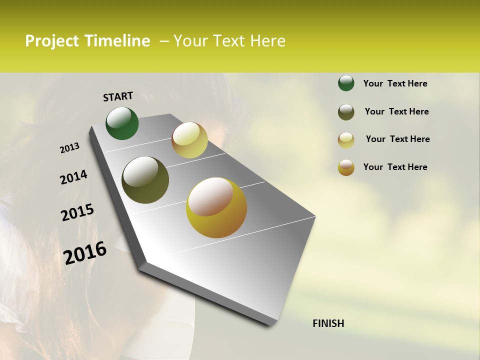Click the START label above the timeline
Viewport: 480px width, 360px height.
118,96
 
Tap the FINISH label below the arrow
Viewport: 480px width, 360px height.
328,323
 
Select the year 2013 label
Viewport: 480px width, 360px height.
70,148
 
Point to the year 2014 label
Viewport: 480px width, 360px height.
73,177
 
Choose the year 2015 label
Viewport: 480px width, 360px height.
77,212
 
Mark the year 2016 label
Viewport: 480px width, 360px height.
85,252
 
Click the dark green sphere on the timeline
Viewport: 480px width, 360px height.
122,123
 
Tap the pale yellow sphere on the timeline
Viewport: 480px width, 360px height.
189,140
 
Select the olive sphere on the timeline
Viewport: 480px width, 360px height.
145,180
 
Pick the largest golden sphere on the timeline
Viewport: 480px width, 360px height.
216,207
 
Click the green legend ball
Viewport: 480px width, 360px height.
346,83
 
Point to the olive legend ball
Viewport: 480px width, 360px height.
346,112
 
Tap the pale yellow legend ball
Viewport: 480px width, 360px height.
346,140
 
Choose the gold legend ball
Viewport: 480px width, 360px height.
346,167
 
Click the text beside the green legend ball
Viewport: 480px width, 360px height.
395,83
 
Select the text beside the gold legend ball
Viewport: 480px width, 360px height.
395,167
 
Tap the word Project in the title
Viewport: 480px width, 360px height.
52,41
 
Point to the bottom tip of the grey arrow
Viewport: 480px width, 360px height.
270,324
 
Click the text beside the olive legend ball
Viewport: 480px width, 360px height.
396,111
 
